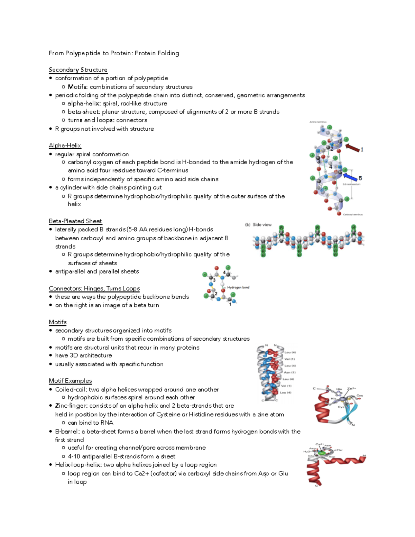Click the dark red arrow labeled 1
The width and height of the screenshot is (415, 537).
click(x=352, y=148)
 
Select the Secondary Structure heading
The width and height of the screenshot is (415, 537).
click(x=78, y=70)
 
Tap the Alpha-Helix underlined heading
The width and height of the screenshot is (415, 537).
click(x=65, y=146)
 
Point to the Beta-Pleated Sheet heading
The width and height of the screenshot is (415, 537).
click(x=75, y=221)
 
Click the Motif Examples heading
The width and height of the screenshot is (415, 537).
click(x=70, y=381)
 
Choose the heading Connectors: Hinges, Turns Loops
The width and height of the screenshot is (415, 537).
click(x=94, y=289)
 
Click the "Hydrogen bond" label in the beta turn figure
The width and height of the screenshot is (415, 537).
click(x=238, y=287)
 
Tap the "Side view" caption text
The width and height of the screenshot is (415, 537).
click(x=262, y=225)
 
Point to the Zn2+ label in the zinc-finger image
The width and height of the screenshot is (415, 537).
click(x=351, y=389)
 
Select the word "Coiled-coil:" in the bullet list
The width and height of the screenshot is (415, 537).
click(x=71, y=390)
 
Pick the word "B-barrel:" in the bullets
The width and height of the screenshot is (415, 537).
click(x=67, y=432)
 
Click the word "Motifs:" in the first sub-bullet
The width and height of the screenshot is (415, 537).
click(x=78, y=87)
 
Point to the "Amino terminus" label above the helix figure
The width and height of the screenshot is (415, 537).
click(x=317, y=122)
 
